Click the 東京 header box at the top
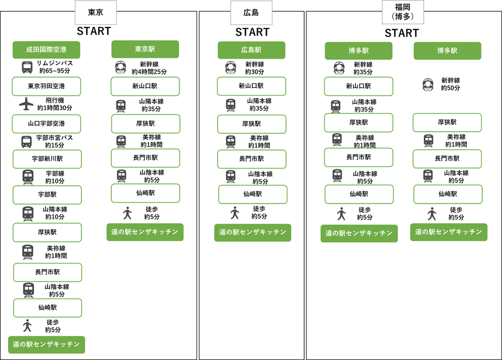pyautogui.click(x=95, y=13)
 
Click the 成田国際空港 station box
pyautogui.click(x=46, y=50)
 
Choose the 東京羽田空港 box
pyautogui.click(x=46, y=86)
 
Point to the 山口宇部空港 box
pyautogui.click(x=46, y=124)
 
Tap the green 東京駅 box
pyautogui.click(x=145, y=49)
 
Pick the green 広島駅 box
pyautogui.click(x=251, y=50)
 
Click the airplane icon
pyautogui.click(x=26, y=104)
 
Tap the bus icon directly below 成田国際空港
pyautogui.click(x=27, y=67)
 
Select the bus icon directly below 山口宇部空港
pyautogui.click(x=27, y=142)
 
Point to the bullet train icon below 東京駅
pyautogui.click(x=121, y=67)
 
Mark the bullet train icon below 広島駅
pyautogui.click(x=230, y=67)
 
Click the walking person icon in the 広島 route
pyautogui.click(x=234, y=213)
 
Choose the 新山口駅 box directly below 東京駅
pyautogui.click(x=145, y=86)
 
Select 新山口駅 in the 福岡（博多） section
pyautogui.click(x=358, y=86)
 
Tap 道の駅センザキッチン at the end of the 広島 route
pyautogui.click(x=253, y=232)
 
